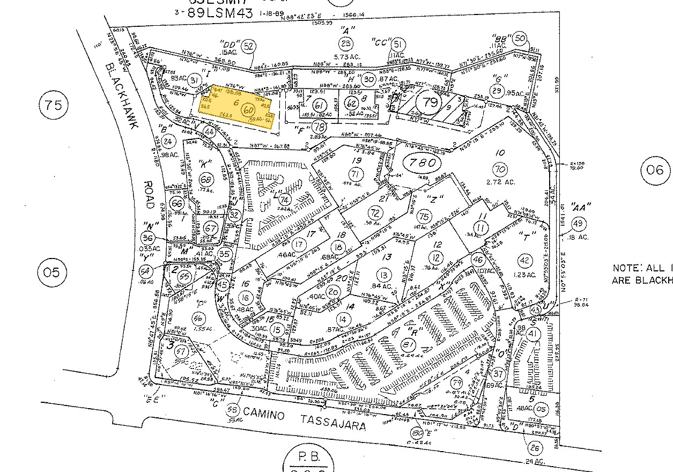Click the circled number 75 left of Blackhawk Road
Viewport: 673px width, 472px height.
click(54, 105)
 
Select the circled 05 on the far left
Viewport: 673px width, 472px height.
click(52, 272)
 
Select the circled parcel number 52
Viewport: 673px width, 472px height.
click(248, 46)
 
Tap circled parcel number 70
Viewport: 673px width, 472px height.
click(500, 170)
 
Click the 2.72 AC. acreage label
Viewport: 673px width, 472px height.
click(500, 182)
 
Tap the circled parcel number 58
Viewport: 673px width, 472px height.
click(232, 410)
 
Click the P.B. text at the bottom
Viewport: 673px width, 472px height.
click(309, 457)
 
